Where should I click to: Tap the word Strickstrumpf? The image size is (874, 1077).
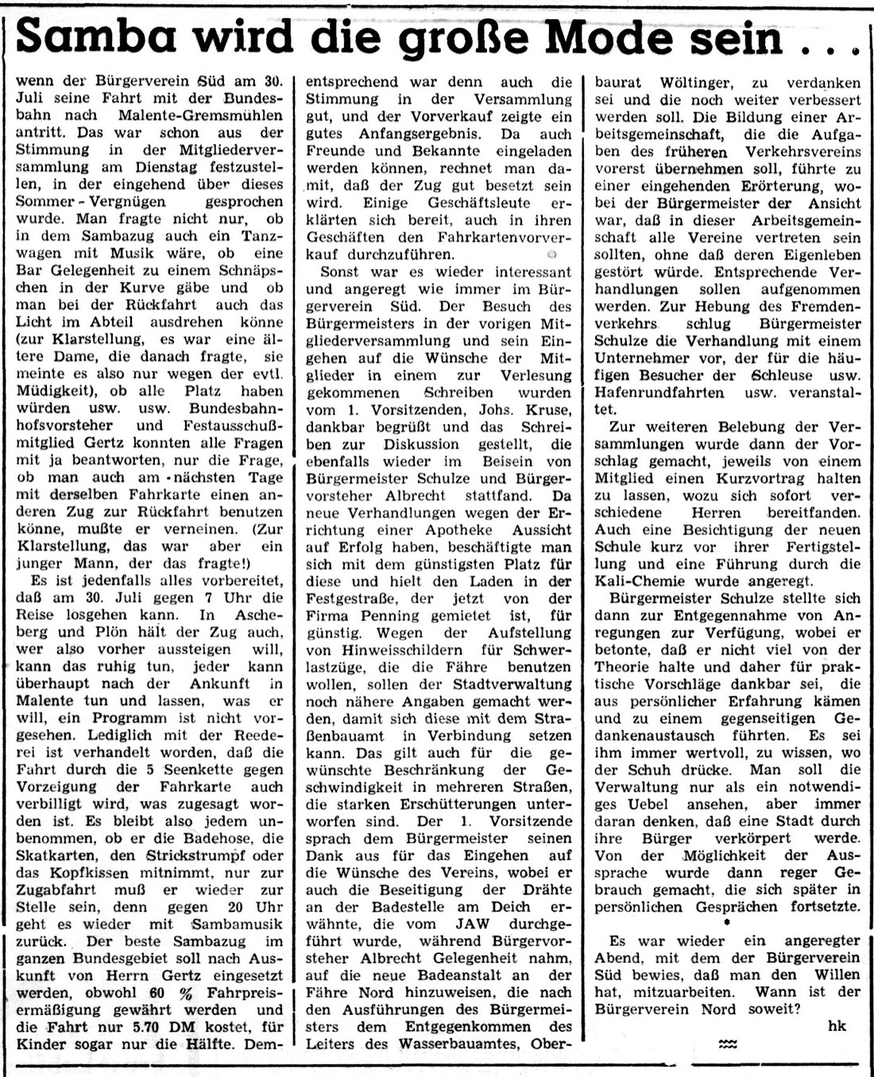[191, 855]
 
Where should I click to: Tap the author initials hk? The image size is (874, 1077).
[837, 1025]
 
